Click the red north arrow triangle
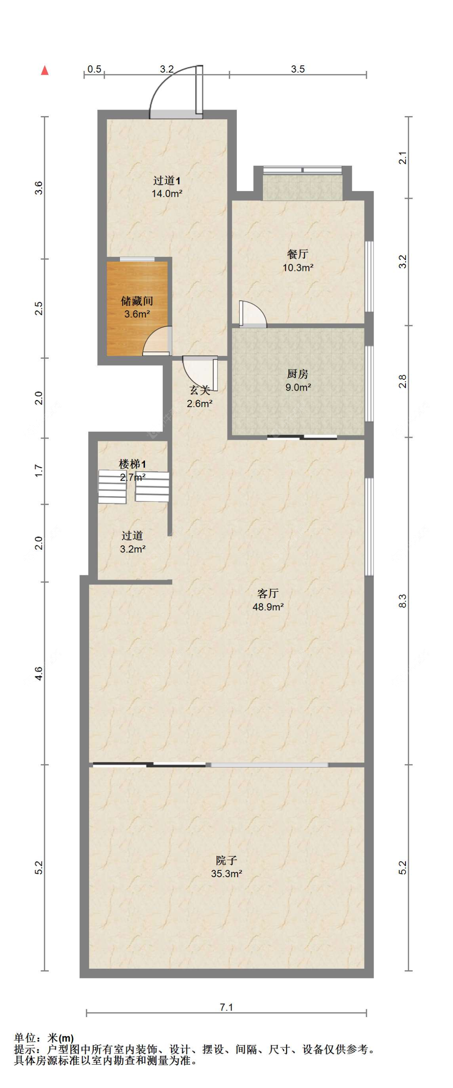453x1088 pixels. coord(45,71)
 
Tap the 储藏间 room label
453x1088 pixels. coord(137,301)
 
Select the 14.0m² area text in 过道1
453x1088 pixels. coord(167,194)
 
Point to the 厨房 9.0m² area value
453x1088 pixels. coord(298,387)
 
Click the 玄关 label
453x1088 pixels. coord(199,390)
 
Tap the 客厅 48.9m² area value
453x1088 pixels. coord(268,607)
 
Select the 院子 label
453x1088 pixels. coord(226,860)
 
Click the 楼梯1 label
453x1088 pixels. coord(132,464)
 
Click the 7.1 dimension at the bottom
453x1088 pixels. coord(226,1007)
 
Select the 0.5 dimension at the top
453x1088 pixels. coord(94,69)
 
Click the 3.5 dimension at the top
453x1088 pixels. coord(298,69)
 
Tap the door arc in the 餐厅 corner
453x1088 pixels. coord(253,315)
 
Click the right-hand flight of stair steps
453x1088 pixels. coord(152,487)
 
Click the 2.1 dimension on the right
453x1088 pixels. coord(402,158)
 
